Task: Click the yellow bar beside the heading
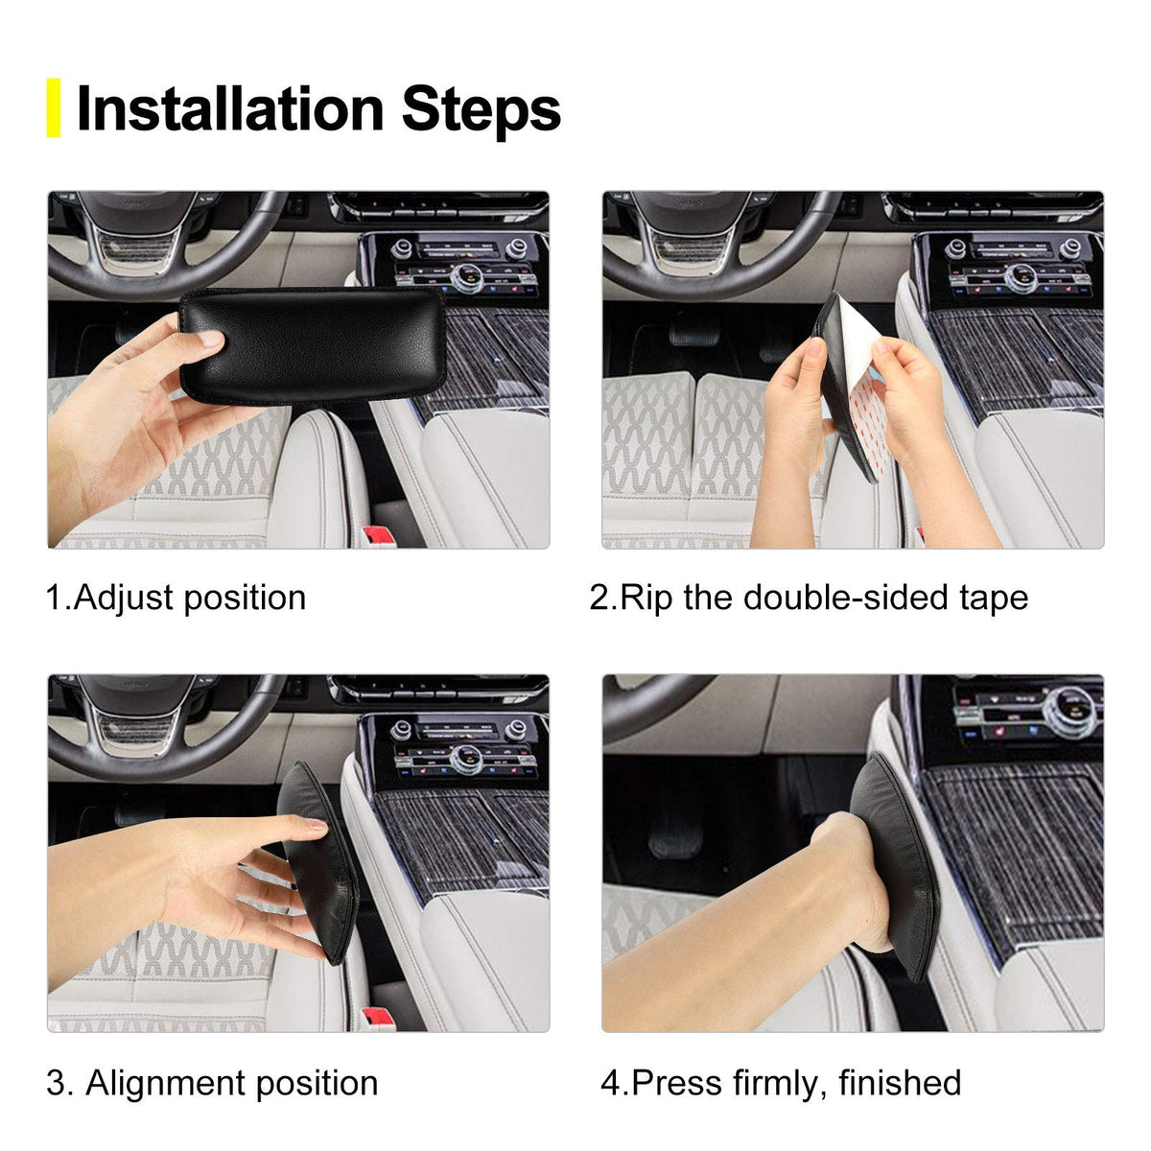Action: pyautogui.click(x=54, y=107)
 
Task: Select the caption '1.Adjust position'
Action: pyautogui.click(x=176, y=598)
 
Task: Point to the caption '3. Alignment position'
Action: pyautogui.click(x=212, y=1083)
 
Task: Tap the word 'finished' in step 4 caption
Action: pyautogui.click(x=899, y=1083)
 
